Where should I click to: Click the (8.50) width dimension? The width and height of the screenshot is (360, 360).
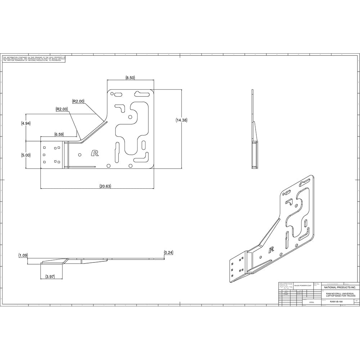(x=130, y=78)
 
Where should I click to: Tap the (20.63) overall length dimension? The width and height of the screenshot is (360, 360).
(x=105, y=186)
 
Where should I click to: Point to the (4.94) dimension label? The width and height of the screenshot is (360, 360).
(x=26, y=123)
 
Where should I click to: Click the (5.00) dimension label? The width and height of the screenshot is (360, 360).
(x=26, y=155)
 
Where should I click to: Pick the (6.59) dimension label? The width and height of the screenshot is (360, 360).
(x=59, y=134)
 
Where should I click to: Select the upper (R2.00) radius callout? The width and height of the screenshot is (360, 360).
(x=78, y=101)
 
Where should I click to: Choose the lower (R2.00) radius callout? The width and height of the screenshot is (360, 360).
(x=62, y=109)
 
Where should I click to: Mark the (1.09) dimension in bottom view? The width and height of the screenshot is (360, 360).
(x=23, y=255)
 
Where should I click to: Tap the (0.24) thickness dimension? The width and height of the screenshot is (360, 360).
(x=168, y=252)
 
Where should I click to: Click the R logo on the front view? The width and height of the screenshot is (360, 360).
(x=95, y=153)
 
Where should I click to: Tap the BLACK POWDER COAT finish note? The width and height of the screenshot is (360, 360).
(x=303, y=285)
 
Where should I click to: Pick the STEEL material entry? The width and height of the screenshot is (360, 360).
(x=311, y=302)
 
